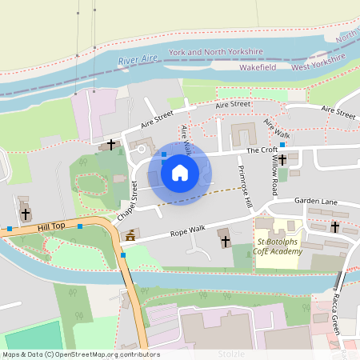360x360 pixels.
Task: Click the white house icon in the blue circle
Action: [x=180, y=172]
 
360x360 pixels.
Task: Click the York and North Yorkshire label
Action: [x=215, y=52]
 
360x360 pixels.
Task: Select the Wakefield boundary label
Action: [x=258, y=68]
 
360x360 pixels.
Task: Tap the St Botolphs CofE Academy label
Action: [x=279, y=246]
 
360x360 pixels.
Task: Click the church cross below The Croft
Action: [x=282, y=160]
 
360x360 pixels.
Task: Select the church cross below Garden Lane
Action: [x=334, y=227]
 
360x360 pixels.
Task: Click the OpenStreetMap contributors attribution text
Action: [x=81, y=354]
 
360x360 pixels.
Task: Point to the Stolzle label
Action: [x=231, y=353]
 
